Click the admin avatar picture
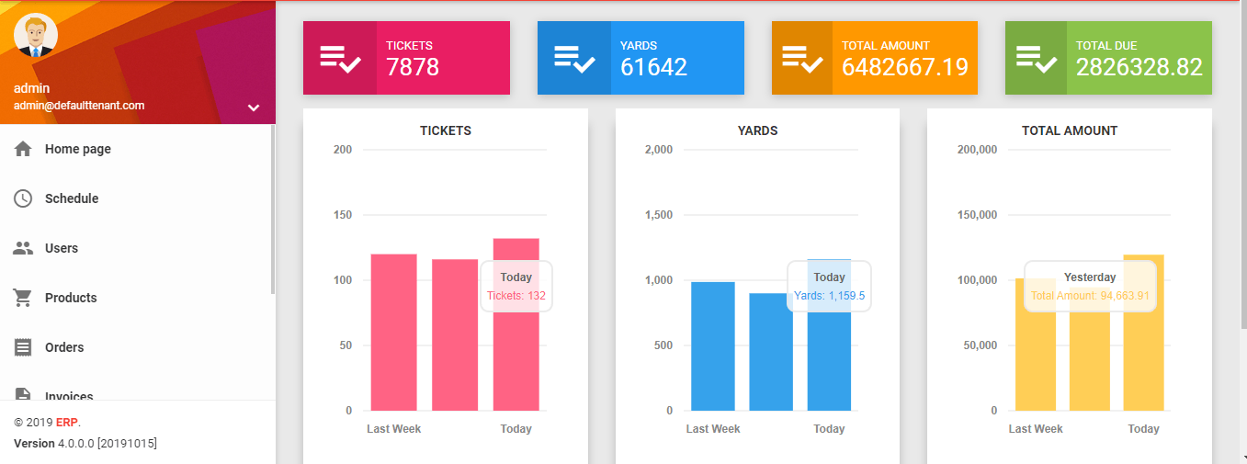pyautogui.click(x=37, y=37)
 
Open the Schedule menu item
pyautogui.click(x=71, y=198)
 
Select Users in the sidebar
pyautogui.click(x=61, y=248)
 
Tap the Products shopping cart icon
pyautogui.click(x=24, y=298)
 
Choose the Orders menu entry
pyautogui.click(x=63, y=347)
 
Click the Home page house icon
pyautogui.click(x=24, y=149)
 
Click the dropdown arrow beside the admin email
pyautogui.click(x=254, y=108)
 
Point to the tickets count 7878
pyautogui.click(x=413, y=67)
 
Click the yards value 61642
pyautogui.click(x=653, y=67)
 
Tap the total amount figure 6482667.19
pyautogui.click(x=904, y=67)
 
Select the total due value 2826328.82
pyautogui.click(x=1139, y=67)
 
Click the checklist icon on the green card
pyautogui.click(x=1036, y=59)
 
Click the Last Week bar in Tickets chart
pyautogui.click(x=393, y=332)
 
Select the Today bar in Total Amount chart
pyautogui.click(x=1143, y=332)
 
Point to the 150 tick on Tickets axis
pyautogui.click(x=343, y=215)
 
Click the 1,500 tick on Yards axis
pyautogui.click(x=659, y=215)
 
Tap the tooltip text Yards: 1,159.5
pyautogui.click(x=829, y=296)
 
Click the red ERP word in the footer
pyautogui.click(x=66, y=423)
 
